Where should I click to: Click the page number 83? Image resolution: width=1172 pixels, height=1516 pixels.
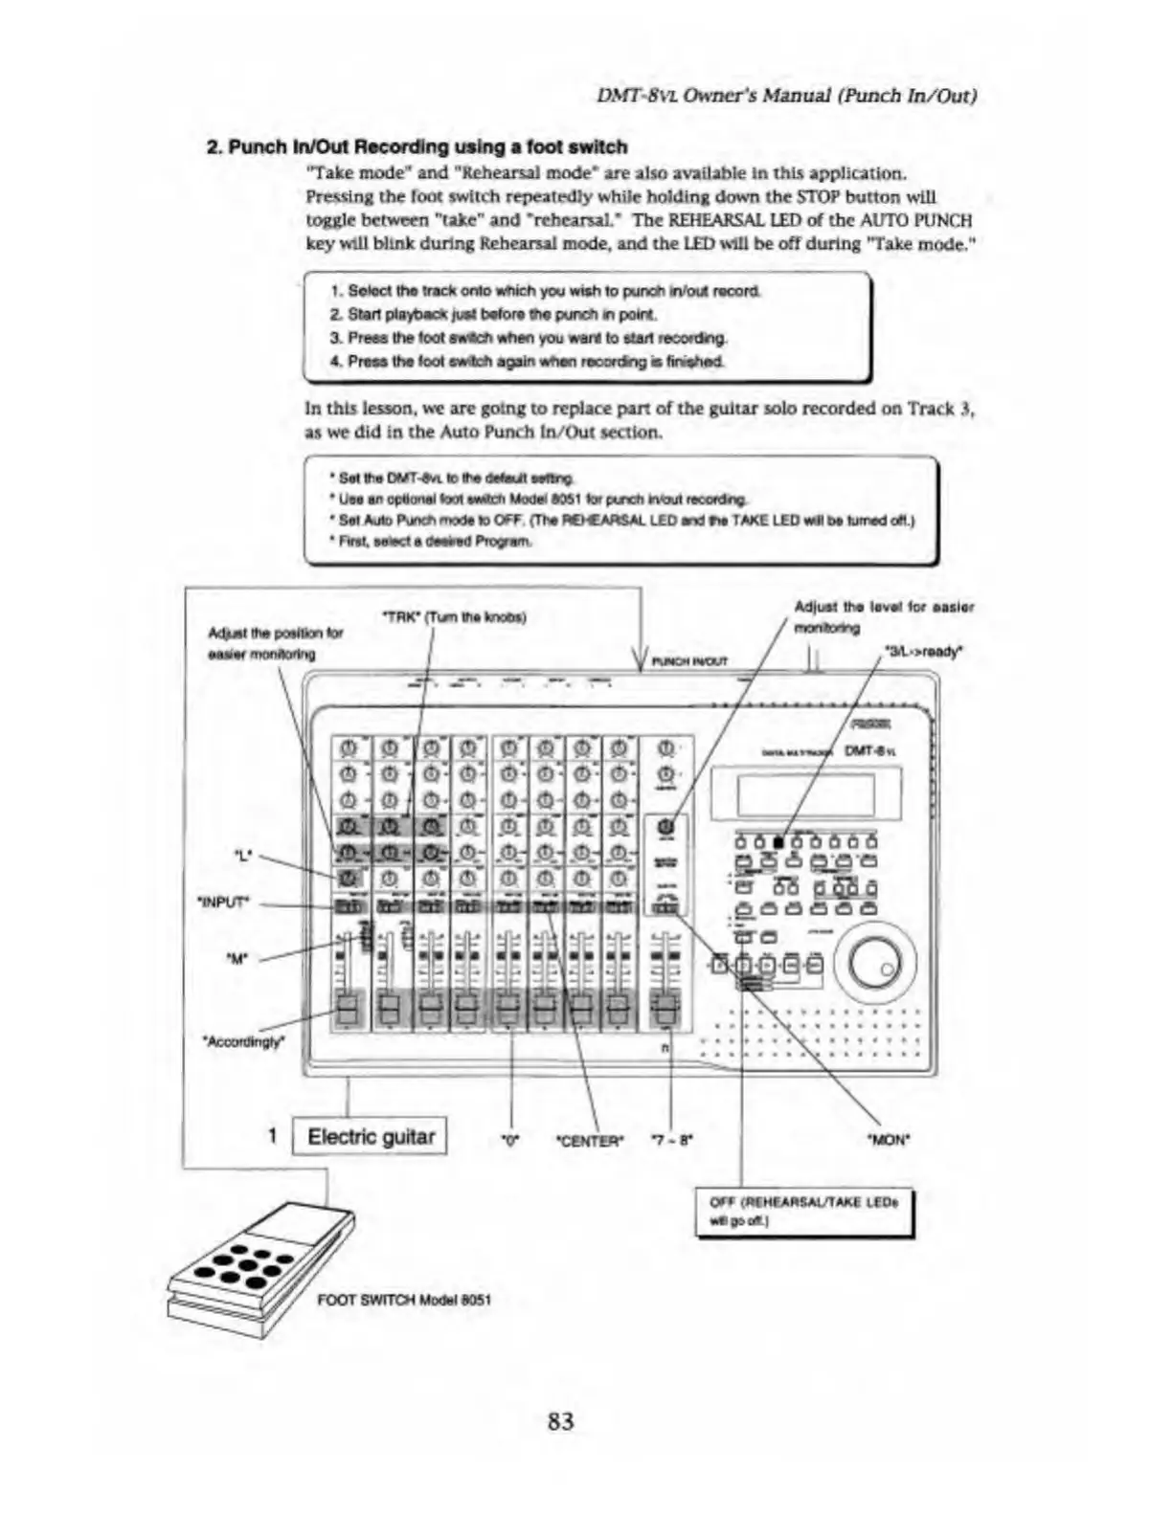pyautogui.click(x=560, y=1420)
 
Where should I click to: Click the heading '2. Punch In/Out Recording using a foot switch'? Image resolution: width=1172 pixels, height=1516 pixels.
pyautogui.click(x=417, y=147)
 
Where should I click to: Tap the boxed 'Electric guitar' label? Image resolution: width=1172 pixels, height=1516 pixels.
pyautogui.click(x=370, y=1137)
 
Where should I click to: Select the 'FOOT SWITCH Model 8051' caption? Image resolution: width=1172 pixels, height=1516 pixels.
pyautogui.click(x=404, y=1300)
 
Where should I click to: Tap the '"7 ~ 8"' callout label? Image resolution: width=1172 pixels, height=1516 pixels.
pyautogui.click(x=672, y=1140)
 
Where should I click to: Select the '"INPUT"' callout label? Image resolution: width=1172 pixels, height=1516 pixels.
pyautogui.click(x=223, y=902)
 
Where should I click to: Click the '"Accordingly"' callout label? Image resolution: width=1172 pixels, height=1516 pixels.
pyautogui.click(x=243, y=1041)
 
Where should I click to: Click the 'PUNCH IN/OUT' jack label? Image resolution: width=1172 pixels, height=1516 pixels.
pyautogui.click(x=689, y=660)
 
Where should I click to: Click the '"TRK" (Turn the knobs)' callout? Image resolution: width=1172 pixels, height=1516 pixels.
pyautogui.click(x=454, y=616)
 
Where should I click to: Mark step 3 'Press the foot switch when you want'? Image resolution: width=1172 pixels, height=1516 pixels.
pyautogui.click(x=529, y=338)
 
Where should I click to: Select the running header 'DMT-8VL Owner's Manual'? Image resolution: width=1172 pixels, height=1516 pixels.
pyautogui.click(x=785, y=95)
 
